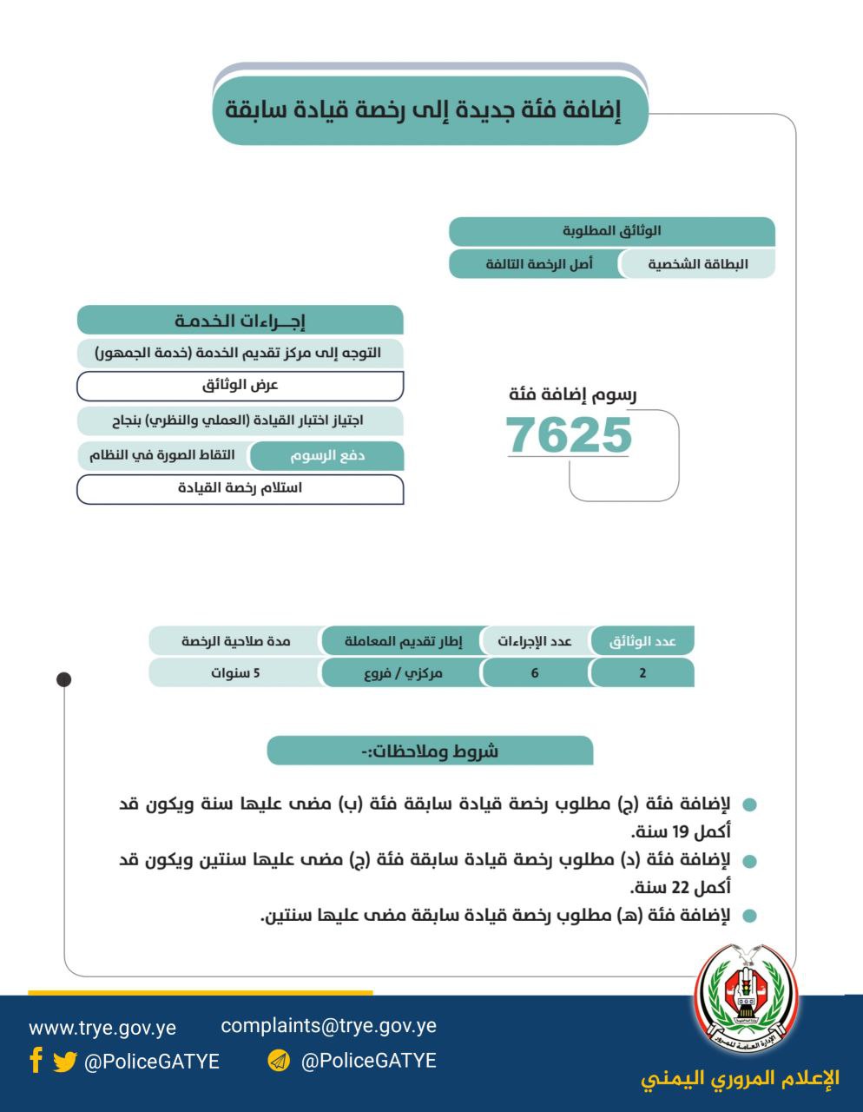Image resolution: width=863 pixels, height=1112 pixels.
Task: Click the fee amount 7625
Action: (x=569, y=435)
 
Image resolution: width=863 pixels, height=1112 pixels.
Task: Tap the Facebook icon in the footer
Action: (x=36, y=1060)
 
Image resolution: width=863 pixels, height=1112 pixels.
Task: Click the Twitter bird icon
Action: (x=64, y=1062)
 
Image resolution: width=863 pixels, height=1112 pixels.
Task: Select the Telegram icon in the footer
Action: (x=279, y=1061)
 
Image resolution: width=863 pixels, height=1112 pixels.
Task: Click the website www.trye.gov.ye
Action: (x=102, y=1028)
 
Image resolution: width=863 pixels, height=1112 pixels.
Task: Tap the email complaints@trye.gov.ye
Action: (x=328, y=1025)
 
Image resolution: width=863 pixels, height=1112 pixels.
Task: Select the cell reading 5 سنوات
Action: (x=235, y=672)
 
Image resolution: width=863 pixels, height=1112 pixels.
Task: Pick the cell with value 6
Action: (x=535, y=672)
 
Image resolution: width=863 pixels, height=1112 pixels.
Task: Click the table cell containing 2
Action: (x=642, y=672)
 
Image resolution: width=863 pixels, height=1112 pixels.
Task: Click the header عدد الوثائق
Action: (x=642, y=641)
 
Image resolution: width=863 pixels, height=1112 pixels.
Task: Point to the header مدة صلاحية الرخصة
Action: (x=235, y=641)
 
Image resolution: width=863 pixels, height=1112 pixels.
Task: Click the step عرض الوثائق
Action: (x=240, y=385)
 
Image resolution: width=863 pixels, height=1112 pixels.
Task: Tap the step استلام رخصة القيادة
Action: (x=240, y=488)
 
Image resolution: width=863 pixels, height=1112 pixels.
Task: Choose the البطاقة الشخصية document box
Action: (x=697, y=263)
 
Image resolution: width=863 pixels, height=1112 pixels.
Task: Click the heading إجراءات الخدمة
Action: (x=240, y=321)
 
